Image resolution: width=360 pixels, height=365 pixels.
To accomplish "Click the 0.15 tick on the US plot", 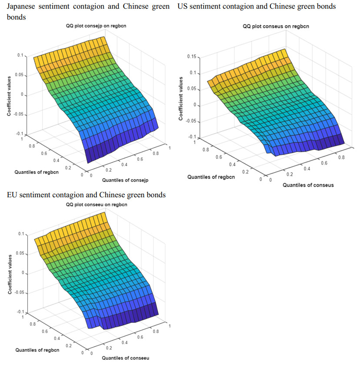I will pos(192,57).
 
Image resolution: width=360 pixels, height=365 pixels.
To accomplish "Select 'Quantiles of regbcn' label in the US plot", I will pos(211,177).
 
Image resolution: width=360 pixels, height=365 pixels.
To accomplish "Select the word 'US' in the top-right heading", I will pos(183,7).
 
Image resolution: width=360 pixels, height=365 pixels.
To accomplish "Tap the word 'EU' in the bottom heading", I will pos(13,195).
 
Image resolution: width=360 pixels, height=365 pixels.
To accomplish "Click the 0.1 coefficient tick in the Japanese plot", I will pos(20,55).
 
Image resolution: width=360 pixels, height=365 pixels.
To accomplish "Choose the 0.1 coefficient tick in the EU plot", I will pos(20,234).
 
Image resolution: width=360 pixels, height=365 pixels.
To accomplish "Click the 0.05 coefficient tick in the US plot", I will pos(192,89).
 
